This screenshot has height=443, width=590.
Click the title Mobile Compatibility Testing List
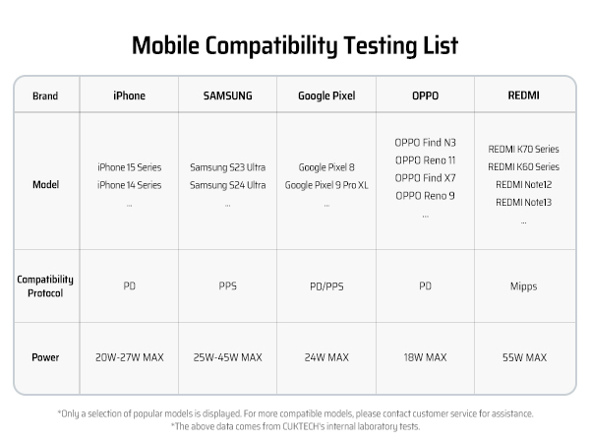coord(294,46)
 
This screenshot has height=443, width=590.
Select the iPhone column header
coord(129,95)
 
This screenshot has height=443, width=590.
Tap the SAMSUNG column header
coord(227,95)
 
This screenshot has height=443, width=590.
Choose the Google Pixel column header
coord(325,95)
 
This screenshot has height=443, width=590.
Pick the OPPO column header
coord(425,95)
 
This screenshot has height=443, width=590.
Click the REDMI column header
coord(523,95)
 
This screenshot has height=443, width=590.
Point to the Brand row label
coord(45,95)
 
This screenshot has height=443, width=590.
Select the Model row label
coord(45,184)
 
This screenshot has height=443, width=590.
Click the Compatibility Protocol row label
coord(45,286)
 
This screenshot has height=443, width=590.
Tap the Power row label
coord(45,357)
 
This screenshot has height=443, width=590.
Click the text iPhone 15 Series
coord(129,167)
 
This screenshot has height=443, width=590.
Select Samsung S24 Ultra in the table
coord(227,185)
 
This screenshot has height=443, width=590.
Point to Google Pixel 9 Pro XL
coord(325,185)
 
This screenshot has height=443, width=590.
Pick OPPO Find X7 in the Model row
coord(425,177)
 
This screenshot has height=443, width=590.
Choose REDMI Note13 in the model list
coord(523,203)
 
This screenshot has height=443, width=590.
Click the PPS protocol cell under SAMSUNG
coord(227,286)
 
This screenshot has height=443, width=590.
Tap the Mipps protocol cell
coord(523,286)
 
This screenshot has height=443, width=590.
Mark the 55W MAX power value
coord(523,357)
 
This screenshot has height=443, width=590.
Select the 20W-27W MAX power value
coord(129,357)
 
